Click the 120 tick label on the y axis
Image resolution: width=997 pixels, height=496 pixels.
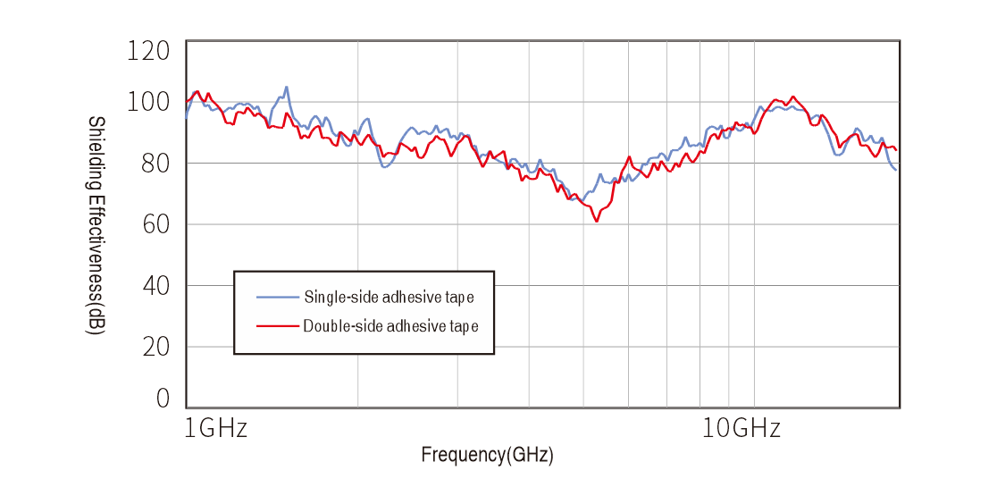[x=148, y=51]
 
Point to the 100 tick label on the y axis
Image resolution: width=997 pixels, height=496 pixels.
[x=148, y=102]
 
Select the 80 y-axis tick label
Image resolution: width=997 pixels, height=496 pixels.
[x=155, y=164]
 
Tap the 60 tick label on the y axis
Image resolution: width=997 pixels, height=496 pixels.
[x=155, y=225]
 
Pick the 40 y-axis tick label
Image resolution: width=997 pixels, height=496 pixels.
[x=155, y=286]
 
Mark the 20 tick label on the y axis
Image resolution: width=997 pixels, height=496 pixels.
[x=155, y=347]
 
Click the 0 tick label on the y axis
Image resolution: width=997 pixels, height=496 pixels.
[x=163, y=399]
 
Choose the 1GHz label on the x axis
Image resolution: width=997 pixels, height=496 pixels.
[x=215, y=429]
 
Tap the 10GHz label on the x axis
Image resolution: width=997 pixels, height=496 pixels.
[x=741, y=429]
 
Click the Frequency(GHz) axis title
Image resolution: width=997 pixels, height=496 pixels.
[x=487, y=455]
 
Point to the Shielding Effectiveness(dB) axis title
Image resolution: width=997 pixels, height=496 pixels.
[x=96, y=225]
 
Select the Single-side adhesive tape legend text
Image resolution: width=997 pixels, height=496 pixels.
[x=389, y=298]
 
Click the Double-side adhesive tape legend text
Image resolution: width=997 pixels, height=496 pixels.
[x=390, y=326]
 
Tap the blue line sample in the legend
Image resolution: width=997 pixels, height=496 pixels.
[x=277, y=297]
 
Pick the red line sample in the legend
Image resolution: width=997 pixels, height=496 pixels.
[x=277, y=326]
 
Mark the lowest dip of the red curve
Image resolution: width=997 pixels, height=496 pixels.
[x=596, y=221]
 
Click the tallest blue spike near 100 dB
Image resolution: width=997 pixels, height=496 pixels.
[x=286, y=87]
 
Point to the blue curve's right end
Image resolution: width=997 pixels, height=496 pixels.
[x=896, y=169]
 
